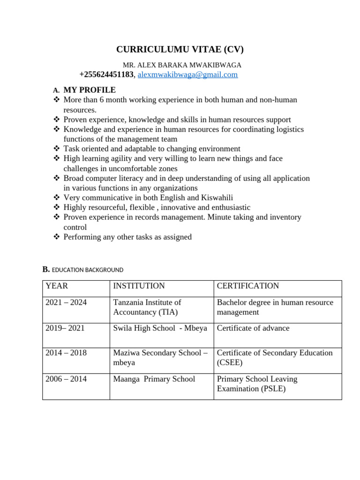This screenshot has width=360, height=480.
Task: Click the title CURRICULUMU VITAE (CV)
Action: tap(180, 50)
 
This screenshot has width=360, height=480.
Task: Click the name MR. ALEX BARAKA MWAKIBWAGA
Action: tap(182, 65)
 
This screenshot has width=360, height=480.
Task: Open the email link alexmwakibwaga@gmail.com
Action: tap(187, 75)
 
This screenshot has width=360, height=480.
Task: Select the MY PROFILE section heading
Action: tap(90, 90)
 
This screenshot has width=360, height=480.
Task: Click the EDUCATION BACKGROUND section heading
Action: tap(87, 270)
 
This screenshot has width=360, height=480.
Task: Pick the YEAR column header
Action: tap(57, 286)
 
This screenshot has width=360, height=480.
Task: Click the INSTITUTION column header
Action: tap(139, 286)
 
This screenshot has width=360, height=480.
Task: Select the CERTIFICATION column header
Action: tap(247, 286)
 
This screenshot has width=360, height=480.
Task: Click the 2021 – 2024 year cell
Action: tap(66, 302)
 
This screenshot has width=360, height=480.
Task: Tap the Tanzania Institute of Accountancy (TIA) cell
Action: tap(147, 307)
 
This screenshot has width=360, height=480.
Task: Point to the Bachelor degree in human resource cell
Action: tap(275, 307)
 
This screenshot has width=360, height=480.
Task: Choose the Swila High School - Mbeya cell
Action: tap(160, 328)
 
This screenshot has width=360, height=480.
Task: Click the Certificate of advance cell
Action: tap(253, 328)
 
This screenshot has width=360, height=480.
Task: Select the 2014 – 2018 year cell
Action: tap(66, 352)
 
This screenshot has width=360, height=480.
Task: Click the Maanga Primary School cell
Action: tap(154, 379)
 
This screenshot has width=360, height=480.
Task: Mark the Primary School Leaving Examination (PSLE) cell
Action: tap(257, 383)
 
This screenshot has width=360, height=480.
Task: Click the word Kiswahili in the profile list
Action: tap(217, 197)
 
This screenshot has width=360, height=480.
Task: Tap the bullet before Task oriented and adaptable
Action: tap(57, 149)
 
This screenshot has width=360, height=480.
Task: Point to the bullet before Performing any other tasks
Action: tap(57, 237)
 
